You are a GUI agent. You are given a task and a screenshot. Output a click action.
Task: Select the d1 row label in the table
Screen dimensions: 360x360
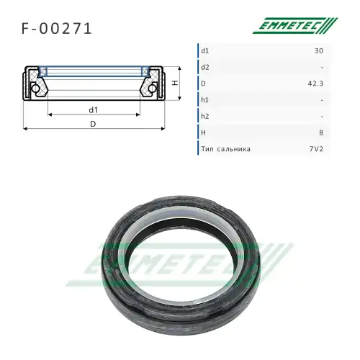pos(206,51)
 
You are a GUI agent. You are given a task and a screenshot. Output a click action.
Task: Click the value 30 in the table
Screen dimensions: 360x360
pos(318,51)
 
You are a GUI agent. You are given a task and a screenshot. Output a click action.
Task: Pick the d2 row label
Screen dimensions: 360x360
pos(206,68)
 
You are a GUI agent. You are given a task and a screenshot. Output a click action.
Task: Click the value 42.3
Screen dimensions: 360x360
pos(315,84)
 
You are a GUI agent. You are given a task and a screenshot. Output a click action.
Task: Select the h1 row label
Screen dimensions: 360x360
pos(206,100)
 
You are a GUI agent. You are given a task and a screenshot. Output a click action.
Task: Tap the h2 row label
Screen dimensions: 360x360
pos(206,117)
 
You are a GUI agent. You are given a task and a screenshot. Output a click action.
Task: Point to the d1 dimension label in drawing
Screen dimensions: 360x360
pos(94,109)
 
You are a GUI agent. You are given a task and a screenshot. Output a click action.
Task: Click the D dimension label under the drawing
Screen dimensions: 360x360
pos(94,124)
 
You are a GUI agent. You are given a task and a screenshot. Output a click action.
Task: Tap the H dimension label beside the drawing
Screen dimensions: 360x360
pos(176,84)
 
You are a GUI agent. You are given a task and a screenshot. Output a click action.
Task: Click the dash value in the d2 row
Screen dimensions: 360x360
pos(320,68)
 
